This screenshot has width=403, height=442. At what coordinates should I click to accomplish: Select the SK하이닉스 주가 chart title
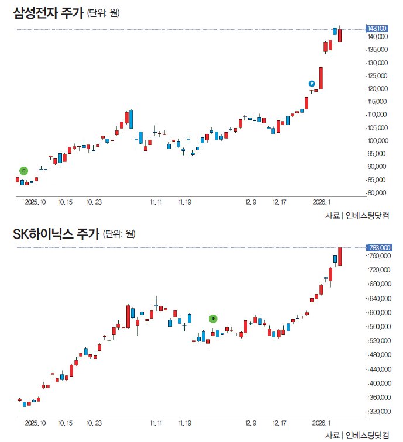(56, 234)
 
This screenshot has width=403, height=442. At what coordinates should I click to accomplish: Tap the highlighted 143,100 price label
(377, 29)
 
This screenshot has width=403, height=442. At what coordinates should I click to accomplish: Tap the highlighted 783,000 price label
(377, 248)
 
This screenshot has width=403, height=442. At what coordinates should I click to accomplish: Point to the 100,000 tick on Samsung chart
(378, 141)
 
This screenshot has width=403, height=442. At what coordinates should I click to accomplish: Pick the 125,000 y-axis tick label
(378, 76)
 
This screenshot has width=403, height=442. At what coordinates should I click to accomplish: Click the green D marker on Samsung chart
(24, 170)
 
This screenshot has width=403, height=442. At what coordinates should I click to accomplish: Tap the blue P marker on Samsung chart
(312, 84)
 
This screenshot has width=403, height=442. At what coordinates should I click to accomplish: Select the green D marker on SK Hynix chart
(213, 319)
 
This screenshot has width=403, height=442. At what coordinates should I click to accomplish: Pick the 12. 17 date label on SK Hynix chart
(279, 422)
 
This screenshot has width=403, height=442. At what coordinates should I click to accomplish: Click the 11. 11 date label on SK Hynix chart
(156, 422)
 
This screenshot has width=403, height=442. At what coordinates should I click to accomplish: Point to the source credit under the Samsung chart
(357, 216)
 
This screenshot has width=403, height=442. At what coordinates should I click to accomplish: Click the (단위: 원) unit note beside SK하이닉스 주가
(119, 234)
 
